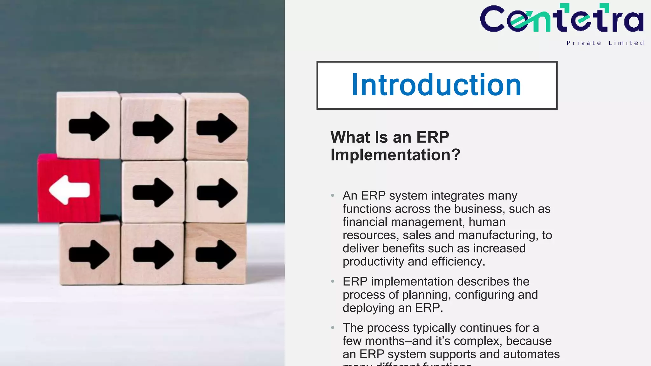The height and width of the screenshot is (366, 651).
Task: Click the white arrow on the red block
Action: [x=69, y=190]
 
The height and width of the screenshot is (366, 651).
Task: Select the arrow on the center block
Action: [x=153, y=192]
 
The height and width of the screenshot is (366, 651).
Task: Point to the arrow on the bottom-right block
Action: [x=216, y=254]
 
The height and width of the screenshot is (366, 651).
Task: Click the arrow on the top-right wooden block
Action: [x=217, y=128]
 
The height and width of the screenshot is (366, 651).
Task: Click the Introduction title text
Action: [x=436, y=85]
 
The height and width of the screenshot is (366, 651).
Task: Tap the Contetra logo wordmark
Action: [x=562, y=19]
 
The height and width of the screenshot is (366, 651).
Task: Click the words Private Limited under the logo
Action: [x=605, y=43]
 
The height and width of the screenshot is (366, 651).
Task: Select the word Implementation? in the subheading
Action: [x=395, y=155]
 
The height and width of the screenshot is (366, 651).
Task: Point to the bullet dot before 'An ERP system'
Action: [x=332, y=195]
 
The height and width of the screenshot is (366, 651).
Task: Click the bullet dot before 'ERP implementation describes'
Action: [x=332, y=281]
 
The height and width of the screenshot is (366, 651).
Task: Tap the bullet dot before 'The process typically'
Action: [x=332, y=328]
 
